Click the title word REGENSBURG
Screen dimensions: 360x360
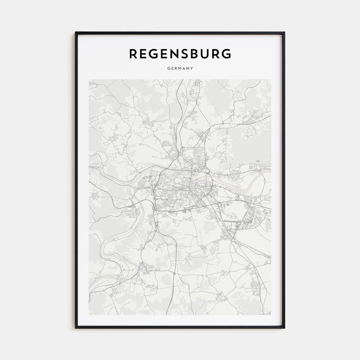(x=180, y=54)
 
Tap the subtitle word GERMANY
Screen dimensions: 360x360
(x=180, y=68)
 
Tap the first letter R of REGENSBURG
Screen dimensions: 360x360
(x=133, y=54)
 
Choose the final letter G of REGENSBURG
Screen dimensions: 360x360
(x=226, y=54)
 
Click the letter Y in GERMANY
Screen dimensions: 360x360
(x=192, y=68)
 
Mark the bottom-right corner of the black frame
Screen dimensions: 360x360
(x=284, y=328)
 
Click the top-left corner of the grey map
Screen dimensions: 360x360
(x=89, y=79)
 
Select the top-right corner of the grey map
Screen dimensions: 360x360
(x=271, y=79)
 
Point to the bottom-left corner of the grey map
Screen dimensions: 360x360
(x=89, y=315)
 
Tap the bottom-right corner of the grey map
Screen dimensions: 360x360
(x=271, y=315)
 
